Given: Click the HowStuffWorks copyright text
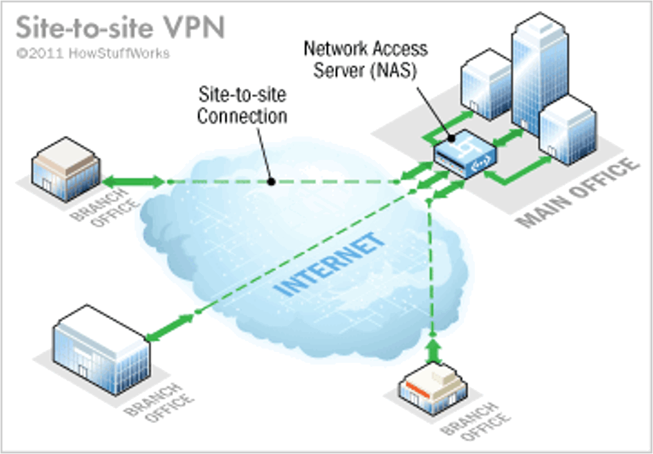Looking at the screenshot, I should pyautogui.click(x=93, y=53).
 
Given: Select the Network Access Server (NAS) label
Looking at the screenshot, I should pyautogui.click(x=365, y=60).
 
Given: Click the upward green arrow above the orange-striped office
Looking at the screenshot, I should pyautogui.click(x=434, y=350).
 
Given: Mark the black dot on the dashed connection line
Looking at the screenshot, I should pyautogui.click(x=271, y=182).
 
